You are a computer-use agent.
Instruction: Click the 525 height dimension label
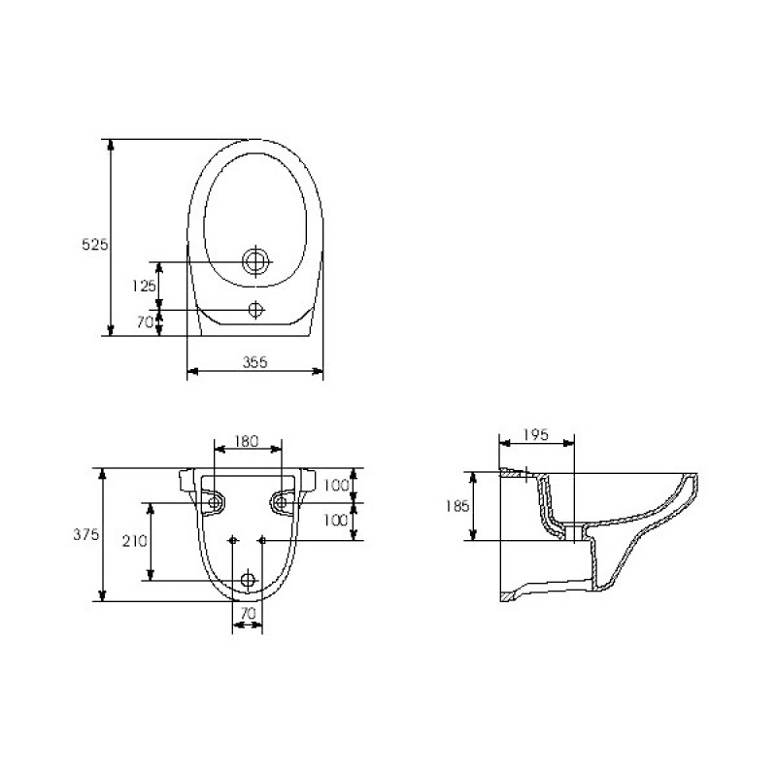coord(94,244)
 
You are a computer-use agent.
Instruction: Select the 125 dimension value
coord(144,286)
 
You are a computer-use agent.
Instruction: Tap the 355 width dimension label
coord(254,362)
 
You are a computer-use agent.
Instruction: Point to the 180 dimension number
coord(247,441)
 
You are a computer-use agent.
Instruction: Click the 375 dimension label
coord(86,534)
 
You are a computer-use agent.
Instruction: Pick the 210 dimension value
coord(135,541)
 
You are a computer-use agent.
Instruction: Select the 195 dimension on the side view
coord(536,434)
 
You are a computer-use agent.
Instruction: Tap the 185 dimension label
coord(456,506)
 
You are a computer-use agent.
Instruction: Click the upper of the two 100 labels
coord(336,485)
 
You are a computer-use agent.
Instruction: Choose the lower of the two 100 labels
coord(336,520)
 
